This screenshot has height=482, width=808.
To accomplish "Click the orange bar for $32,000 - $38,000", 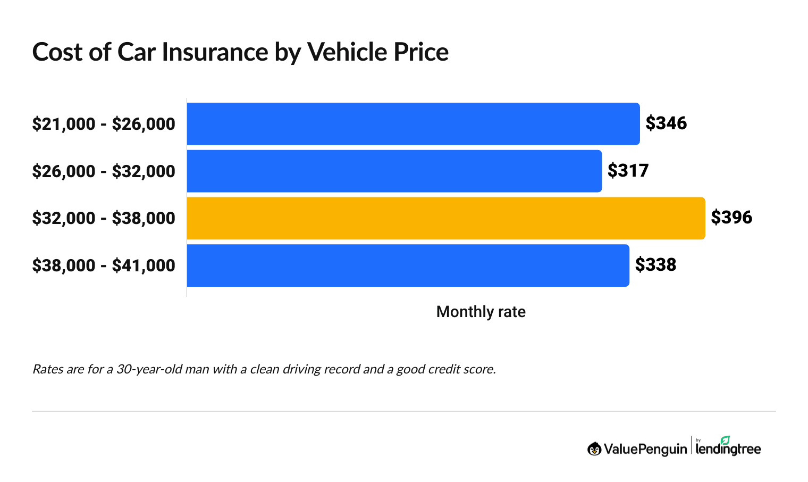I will point(446,218).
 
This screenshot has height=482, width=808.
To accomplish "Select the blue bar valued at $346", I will point(413,123).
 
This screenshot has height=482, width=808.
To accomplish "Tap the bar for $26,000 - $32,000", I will point(394,171).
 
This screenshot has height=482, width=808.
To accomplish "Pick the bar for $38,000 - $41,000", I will point(408,265).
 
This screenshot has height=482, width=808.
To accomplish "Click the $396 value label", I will point(731,218).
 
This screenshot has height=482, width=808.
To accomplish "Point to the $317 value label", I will point(628,171).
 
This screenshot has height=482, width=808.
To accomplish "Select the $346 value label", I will point(666,123).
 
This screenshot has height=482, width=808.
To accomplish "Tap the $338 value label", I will point(655,265).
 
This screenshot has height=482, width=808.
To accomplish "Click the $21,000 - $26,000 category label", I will point(104,124).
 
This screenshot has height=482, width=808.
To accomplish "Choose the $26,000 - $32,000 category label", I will point(104,171).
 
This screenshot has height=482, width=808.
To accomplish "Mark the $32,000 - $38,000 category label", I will point(104,218).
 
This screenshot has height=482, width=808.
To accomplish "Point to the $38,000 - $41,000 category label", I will point(104,265).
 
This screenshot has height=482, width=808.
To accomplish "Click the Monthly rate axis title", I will point(481,312).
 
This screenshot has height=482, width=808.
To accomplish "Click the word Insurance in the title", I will point(215,52).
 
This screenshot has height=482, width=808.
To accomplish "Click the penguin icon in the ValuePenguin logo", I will point(594,449).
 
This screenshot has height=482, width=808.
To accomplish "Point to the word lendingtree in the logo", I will point(728,450).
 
